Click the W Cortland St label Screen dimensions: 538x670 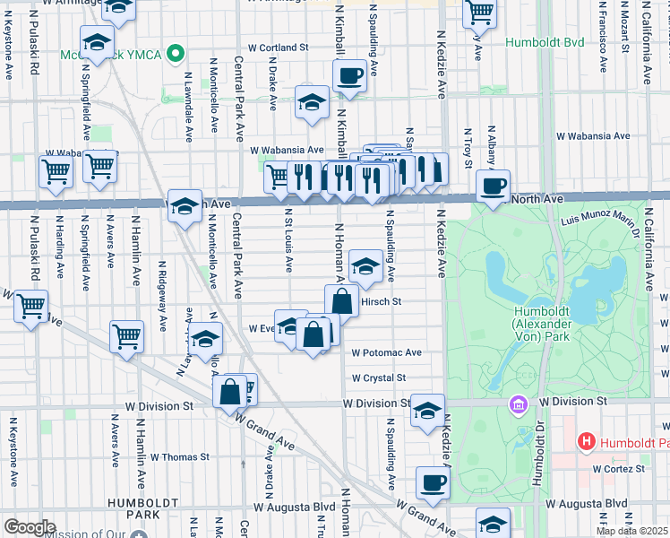point(278,47)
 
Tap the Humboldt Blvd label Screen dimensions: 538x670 point(544,42)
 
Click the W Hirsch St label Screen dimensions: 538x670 point(380,302)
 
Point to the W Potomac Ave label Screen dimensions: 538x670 point(386,353)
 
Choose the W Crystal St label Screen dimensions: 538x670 point(379,378)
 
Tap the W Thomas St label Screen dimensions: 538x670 point(179,456)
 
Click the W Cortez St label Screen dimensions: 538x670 point(618,469)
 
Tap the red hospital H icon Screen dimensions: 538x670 point(586,440)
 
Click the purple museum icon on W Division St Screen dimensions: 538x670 point(517,404)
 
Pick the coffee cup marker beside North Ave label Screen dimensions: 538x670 point(492,187)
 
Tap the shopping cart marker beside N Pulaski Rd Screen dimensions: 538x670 point(31,308)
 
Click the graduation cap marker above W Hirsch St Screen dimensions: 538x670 point(365,265)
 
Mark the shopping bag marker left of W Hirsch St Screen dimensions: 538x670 point(341,302)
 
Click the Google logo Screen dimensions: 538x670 point(30,527)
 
